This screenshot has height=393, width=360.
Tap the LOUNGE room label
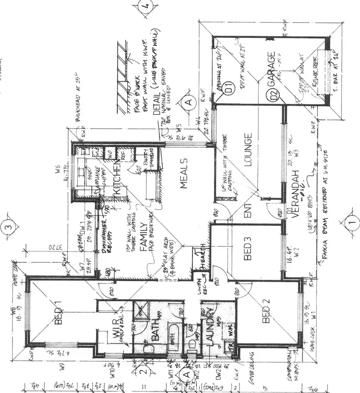point(249,149)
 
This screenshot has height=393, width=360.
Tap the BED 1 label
point(60,312)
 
